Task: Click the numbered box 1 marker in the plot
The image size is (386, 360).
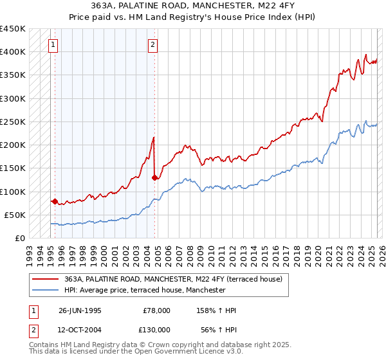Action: pos(52,45)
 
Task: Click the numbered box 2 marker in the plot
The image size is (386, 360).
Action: pos(152,45)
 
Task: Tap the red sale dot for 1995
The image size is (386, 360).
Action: pos(55,202)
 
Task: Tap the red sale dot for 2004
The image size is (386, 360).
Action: pos(154,177)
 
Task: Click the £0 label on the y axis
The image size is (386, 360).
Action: pos(21,239)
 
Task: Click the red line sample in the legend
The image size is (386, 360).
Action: pos(46,279)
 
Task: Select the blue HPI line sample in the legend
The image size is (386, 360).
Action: pos(46,290)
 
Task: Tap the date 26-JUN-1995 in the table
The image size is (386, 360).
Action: pos(80,310)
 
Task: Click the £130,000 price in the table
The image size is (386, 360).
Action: pos(156,328)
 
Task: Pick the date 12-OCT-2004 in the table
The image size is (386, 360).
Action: pos(80,328)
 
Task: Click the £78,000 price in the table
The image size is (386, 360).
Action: pos(156,310)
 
